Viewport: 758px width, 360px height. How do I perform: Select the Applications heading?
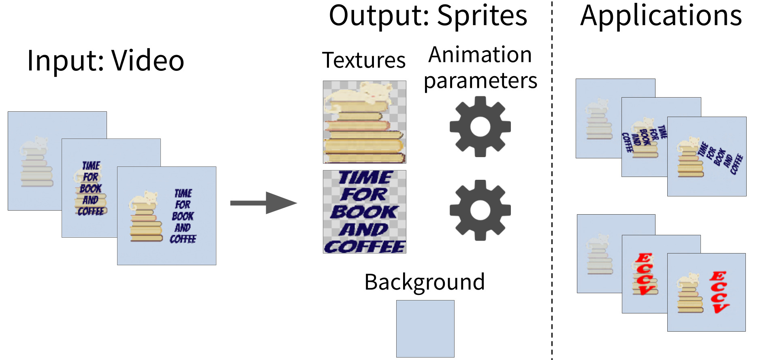tap(661, 16)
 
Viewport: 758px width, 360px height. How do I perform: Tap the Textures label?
tap(363, 60)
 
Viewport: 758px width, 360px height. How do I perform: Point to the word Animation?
tap(480, 55)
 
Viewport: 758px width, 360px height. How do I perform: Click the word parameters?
tap(480, 81)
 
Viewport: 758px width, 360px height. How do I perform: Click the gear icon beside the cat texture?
tap(480, 127)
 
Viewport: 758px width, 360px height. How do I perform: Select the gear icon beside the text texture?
tap(480, 210)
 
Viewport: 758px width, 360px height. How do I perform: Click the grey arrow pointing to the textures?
tap(263, 203)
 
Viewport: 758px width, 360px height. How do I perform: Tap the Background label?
tap(424, 282)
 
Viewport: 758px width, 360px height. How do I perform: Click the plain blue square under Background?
tap(425, 328)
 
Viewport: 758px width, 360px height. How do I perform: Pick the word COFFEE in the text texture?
tap(365, 246)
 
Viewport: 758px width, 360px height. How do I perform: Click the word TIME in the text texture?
tap(365, 177)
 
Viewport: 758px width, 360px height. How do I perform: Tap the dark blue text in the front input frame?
tap(183, 216)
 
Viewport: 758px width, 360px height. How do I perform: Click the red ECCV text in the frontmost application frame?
tap(720, 292)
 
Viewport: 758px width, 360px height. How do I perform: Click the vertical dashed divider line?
tap(552, 182)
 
